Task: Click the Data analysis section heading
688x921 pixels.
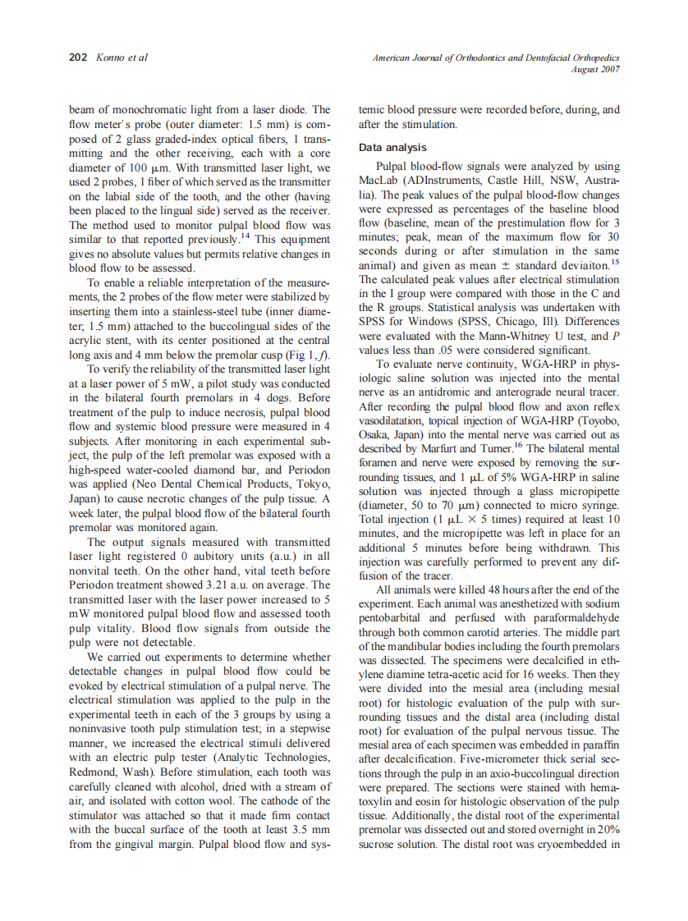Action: (x=392, y=148)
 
